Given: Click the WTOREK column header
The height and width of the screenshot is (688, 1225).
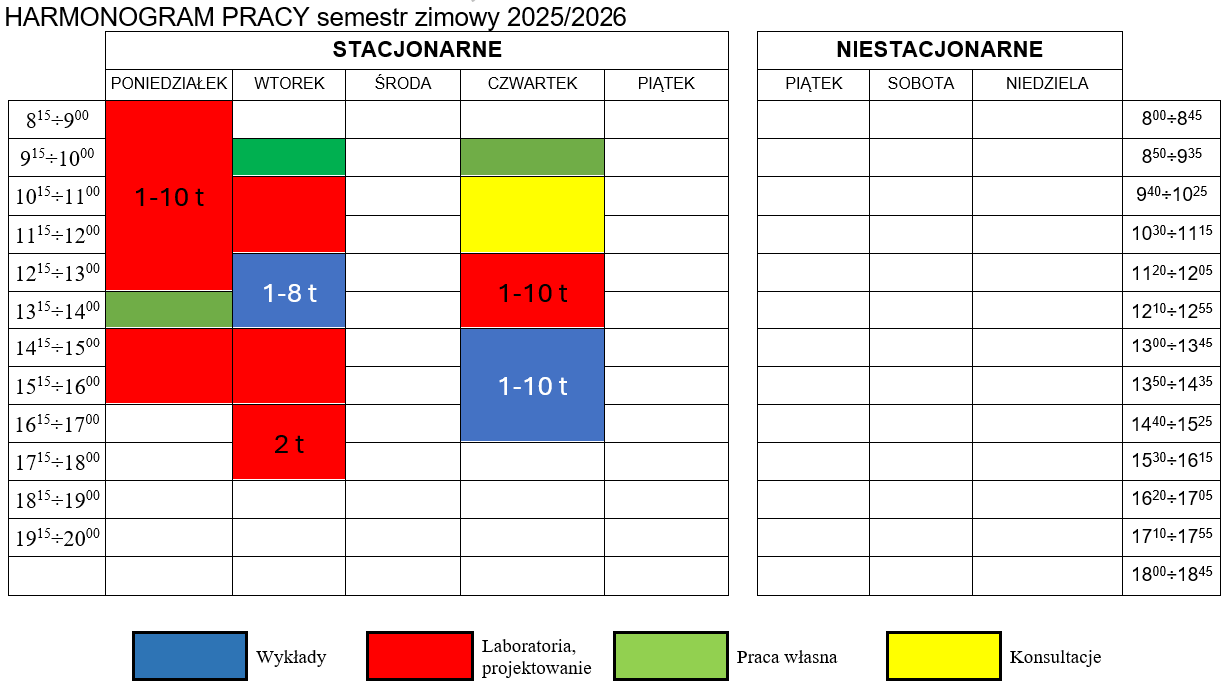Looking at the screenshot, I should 289,84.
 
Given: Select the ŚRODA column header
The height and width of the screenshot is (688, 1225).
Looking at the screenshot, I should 403,84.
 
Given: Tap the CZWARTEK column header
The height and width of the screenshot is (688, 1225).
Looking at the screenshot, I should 532,84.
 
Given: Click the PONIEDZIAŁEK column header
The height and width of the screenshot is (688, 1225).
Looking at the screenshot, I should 169,84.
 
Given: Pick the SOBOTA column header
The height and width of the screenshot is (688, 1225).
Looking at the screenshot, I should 920,84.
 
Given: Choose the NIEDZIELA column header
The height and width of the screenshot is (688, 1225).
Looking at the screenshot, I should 1047,84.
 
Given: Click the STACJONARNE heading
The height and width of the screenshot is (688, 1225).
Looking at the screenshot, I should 417,50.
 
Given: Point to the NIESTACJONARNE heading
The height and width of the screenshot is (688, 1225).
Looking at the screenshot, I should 939,50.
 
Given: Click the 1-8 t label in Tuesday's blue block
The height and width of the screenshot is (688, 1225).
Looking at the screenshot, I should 289,293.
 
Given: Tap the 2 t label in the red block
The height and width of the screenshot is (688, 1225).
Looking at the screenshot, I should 289,445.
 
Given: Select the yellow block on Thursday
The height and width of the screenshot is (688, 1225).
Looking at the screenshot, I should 532,214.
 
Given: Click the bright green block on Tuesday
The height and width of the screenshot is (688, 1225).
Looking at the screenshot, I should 289,157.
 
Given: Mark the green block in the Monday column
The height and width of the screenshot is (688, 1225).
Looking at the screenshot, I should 169,309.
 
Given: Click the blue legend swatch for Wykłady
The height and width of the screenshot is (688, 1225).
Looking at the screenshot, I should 190,656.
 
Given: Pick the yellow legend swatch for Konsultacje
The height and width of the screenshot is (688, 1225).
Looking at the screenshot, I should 943,656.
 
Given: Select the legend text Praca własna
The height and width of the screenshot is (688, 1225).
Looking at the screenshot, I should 786,657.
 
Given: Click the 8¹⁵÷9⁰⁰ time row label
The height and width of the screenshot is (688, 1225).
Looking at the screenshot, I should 57,120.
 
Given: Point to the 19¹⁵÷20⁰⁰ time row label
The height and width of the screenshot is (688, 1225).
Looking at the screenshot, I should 57,539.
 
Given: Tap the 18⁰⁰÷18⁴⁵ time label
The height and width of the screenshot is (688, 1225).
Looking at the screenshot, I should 1171,576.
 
